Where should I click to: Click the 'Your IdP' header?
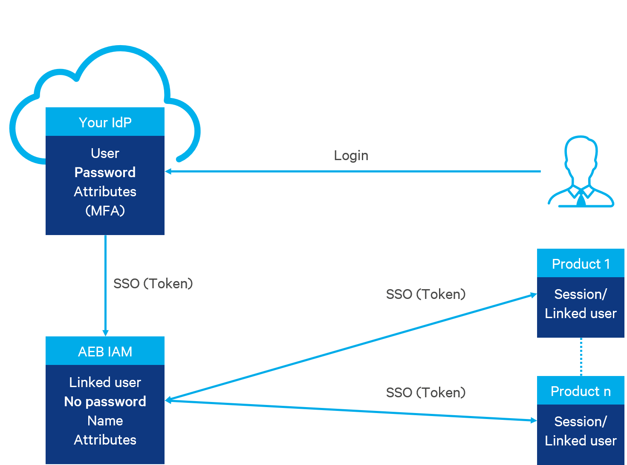coord(105,122)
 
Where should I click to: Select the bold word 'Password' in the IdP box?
coord(105,172)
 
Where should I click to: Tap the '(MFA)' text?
coord(105,211)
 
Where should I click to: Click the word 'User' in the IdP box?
coord(105,153)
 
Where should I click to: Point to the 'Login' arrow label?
coord(351,155)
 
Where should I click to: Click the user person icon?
coord(581,172)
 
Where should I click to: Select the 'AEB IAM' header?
coord(105,351)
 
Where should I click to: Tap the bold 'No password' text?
coord(105,402)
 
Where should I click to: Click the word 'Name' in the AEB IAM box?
coord(105,421)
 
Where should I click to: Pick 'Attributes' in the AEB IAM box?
coord(105,440)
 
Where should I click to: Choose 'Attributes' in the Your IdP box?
coord(105,192)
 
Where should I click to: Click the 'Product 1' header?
coord(581,264)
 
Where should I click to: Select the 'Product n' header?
coord(581,391)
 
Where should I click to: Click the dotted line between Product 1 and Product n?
coord(581,357)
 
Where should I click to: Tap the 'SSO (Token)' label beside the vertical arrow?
coord(153,284)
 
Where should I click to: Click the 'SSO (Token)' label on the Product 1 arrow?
coord(425,294)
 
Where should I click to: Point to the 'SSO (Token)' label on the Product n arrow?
coord(425,393)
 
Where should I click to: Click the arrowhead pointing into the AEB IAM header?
coord(105,333)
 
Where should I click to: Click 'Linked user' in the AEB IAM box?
coord(105,382)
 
